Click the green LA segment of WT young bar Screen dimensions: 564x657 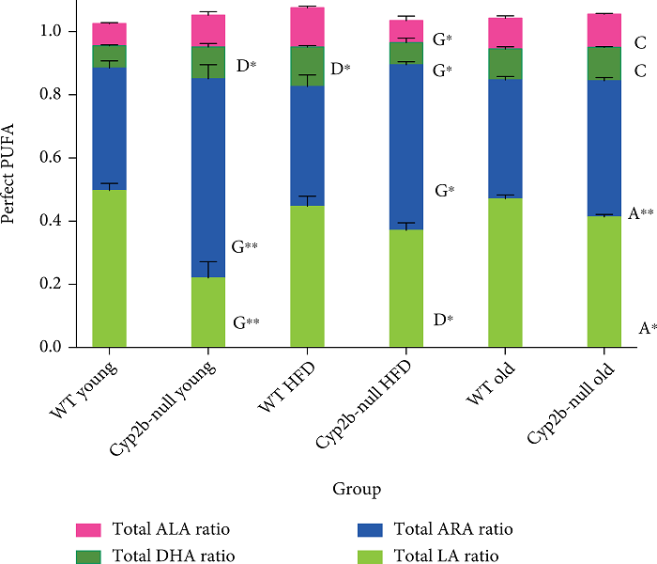110,268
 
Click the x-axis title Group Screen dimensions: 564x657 357,489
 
